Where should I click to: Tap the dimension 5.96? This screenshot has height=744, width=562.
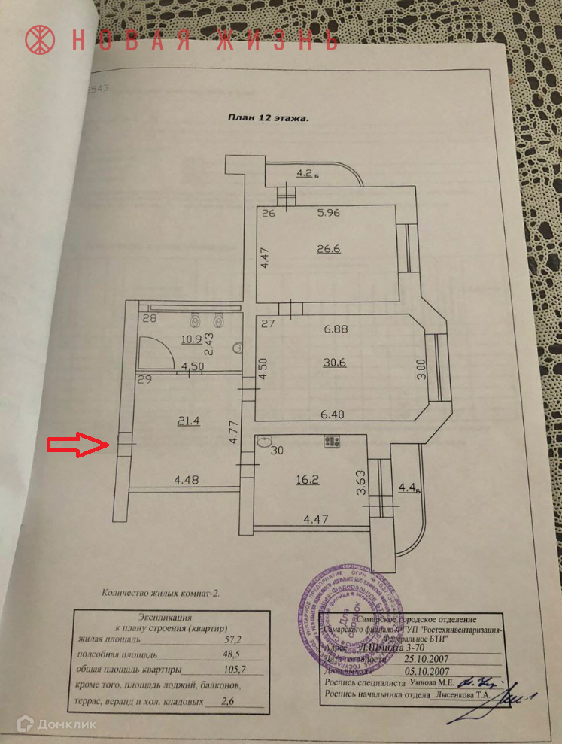(329, 213)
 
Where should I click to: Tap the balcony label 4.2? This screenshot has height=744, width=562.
(305, 173)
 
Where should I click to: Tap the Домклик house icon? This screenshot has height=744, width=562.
(26, 724)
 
